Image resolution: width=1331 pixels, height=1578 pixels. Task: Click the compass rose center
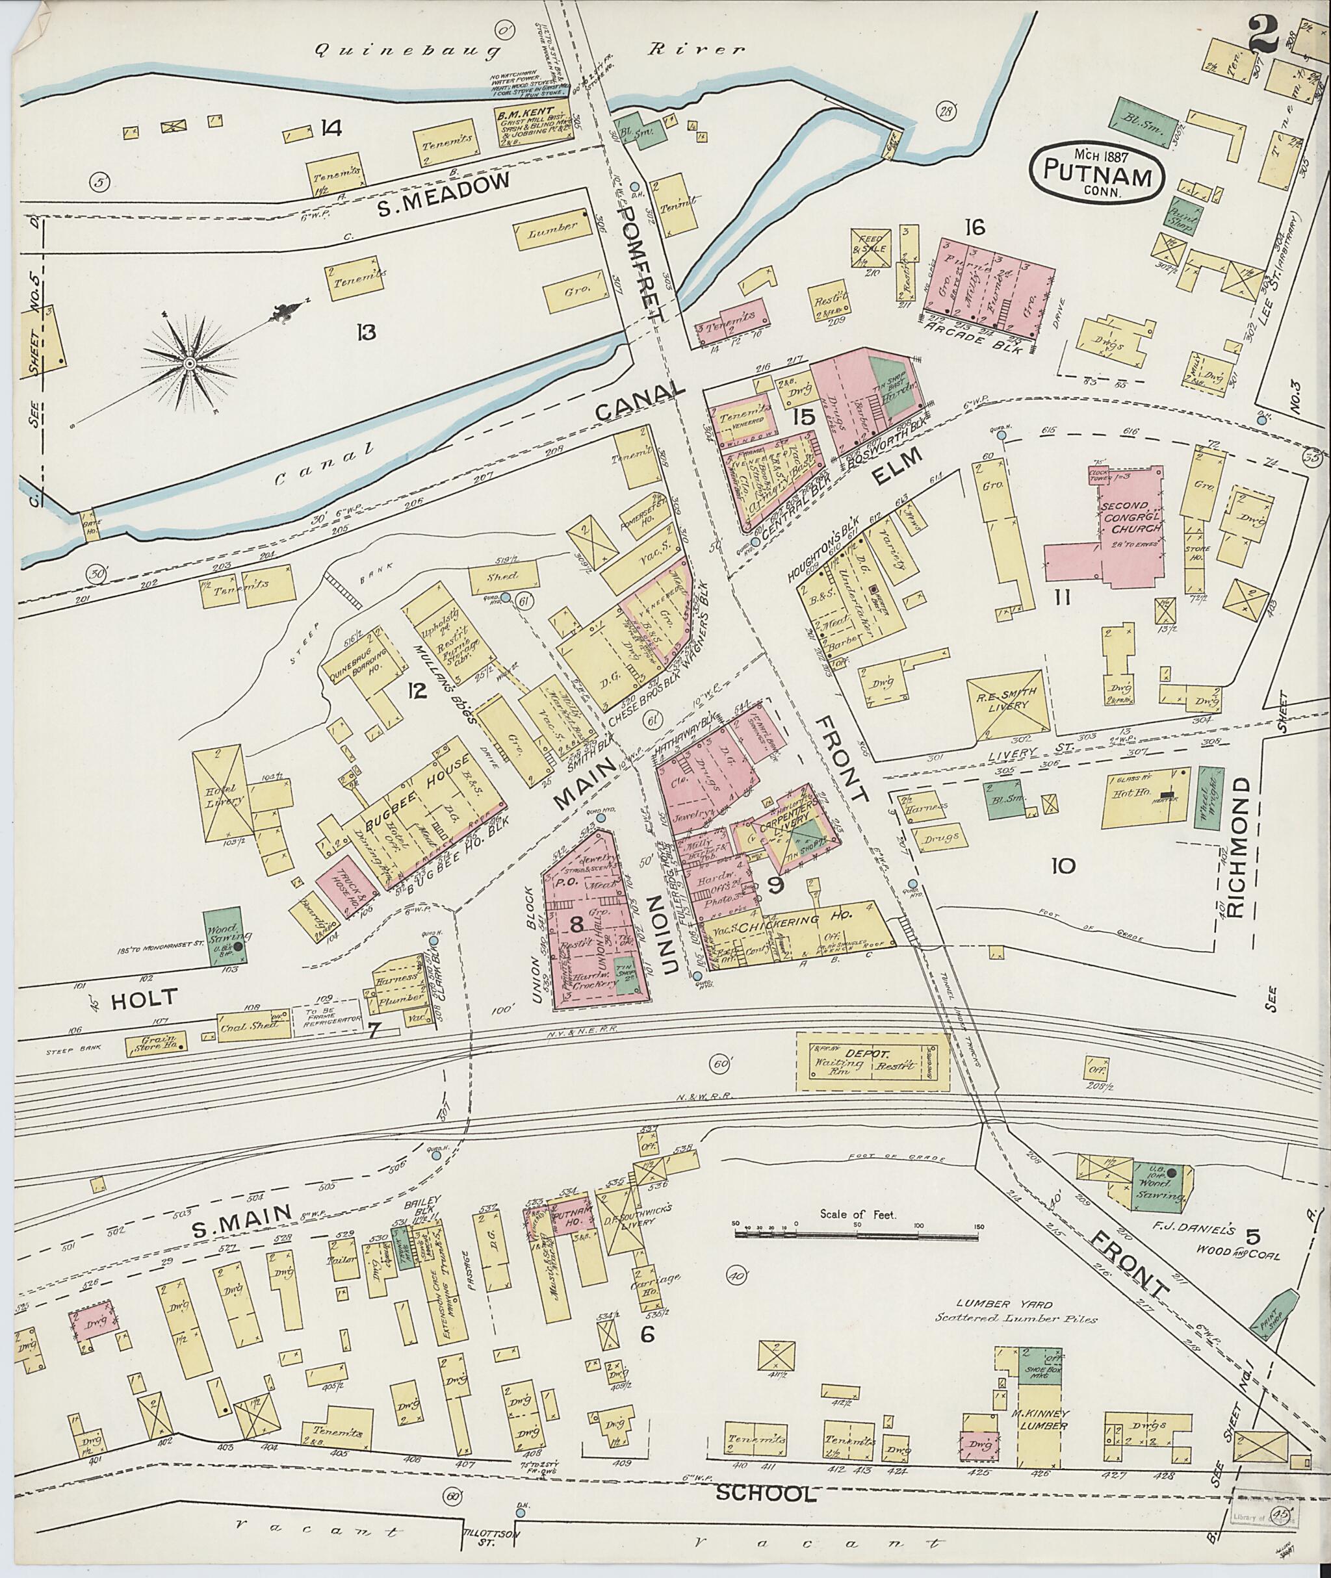click(189, 364)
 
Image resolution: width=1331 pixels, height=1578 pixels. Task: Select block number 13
click(367, 332)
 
